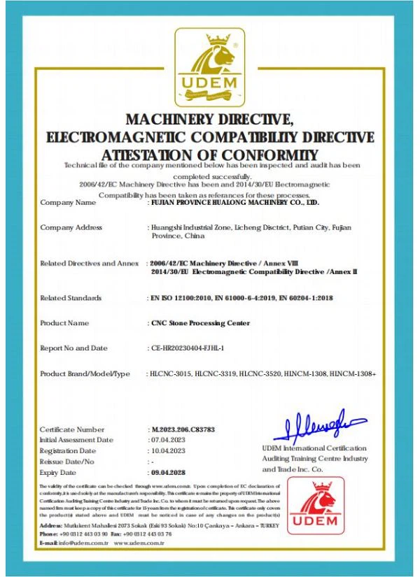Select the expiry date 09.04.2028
[x=169, y=473]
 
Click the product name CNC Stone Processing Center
[x=200, y=323]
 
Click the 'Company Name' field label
[x=68, y=203]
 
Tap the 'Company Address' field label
[x=71, y=227]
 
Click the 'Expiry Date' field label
[x=58, y=473]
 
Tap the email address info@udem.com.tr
[x=78, y=543]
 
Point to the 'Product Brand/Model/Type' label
[x=85, y=374]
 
